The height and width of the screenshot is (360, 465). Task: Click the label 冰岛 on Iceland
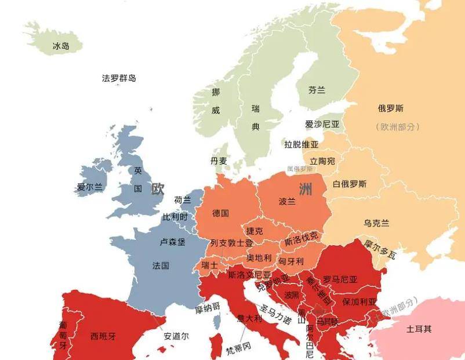coord(61,46)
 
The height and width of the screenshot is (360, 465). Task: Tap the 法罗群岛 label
coord(119,78)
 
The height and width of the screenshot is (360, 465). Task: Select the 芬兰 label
coord(317,90)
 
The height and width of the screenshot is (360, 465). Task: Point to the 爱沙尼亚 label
coord(322,124)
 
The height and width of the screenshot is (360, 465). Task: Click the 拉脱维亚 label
coord(301,144)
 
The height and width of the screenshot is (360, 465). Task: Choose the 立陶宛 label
coord(322,161)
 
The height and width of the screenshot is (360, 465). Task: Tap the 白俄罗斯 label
coord(350,184)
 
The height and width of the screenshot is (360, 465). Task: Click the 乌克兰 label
coord(376,223)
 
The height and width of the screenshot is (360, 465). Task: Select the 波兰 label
coord(287,201)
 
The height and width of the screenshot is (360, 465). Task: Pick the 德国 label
coord(220,213)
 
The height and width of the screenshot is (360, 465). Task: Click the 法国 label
coord(161,266)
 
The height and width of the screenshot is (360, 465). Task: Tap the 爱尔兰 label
coord(89,187)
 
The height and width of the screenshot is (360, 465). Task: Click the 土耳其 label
coord(419,329)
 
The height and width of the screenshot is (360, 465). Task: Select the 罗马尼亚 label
coord(340,279)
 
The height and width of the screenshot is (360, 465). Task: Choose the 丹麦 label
coord(219,161)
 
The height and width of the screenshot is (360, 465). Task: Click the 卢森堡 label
coord(172,242)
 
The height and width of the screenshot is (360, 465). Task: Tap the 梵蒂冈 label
coord(238,347)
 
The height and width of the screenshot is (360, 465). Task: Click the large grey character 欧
coord(157,189)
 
